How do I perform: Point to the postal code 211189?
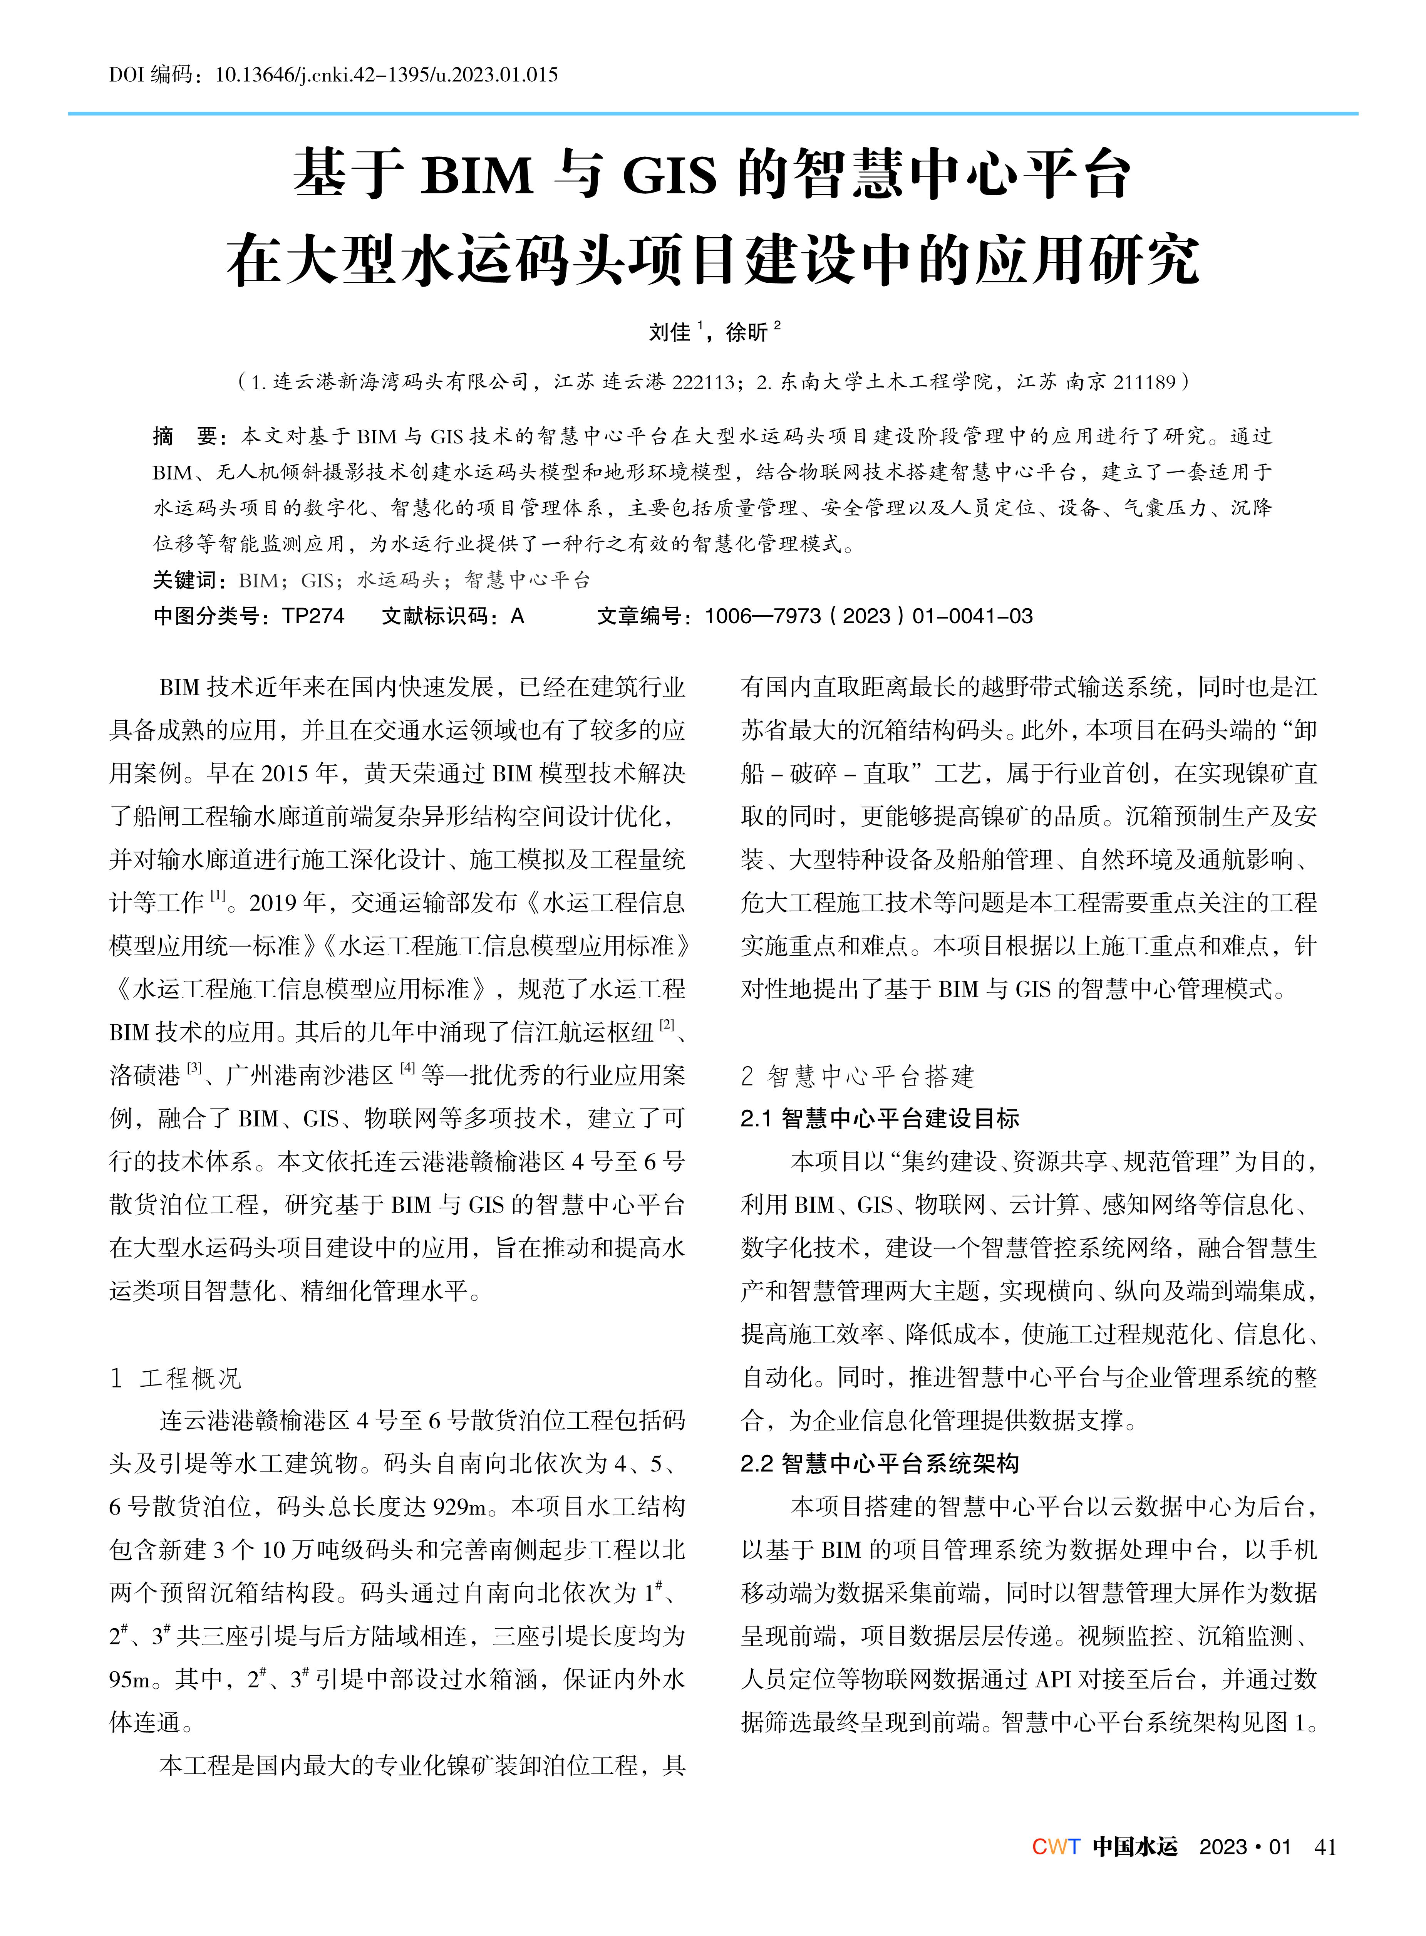point(1144,382)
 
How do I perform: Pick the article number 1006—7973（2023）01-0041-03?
point(868,616)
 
